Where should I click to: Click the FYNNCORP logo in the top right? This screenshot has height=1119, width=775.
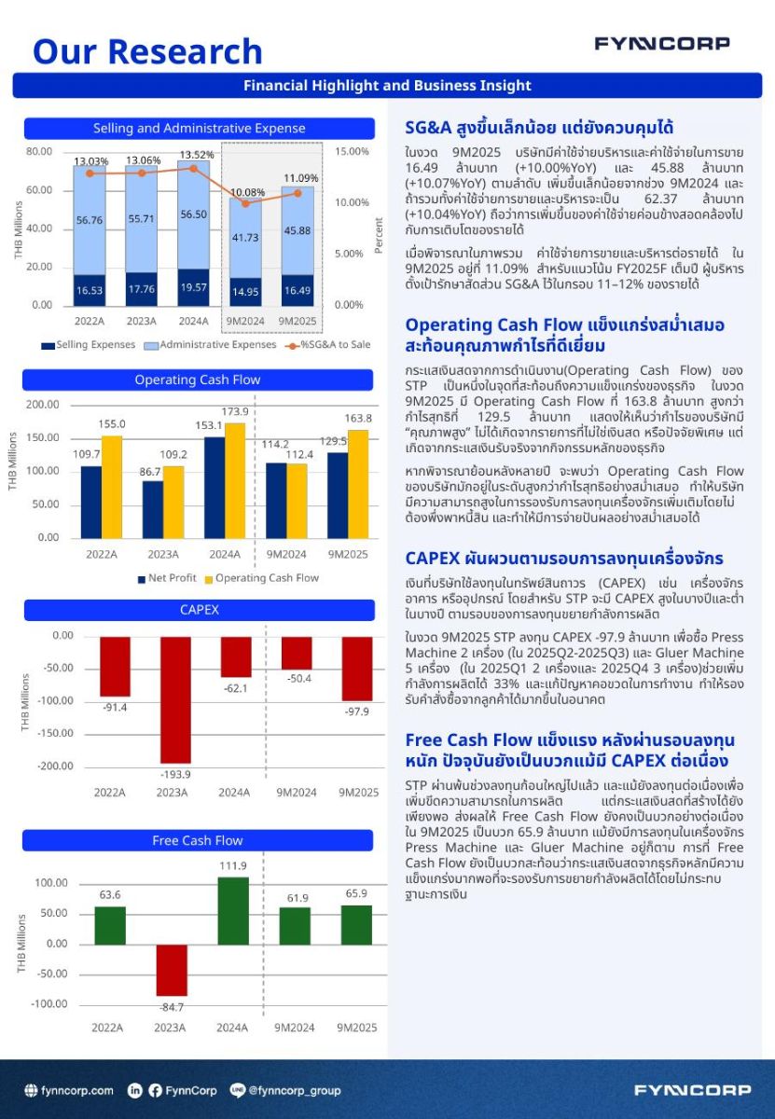662,44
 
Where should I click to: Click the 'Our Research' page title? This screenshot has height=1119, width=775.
147,51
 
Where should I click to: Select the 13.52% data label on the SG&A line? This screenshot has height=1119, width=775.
195,155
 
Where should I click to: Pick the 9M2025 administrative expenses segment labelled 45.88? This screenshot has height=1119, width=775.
298,230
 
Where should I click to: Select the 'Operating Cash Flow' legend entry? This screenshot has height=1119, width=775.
260,578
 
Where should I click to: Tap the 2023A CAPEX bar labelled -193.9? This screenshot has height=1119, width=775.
174,699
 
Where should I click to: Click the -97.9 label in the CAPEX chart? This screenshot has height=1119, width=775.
355,711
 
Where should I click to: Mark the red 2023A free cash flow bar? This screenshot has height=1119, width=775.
172,970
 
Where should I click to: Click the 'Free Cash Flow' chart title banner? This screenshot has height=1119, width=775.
198,841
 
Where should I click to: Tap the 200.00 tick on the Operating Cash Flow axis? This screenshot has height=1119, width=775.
42,405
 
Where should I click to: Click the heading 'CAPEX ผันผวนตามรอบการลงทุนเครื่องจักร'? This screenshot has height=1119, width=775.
563,559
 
